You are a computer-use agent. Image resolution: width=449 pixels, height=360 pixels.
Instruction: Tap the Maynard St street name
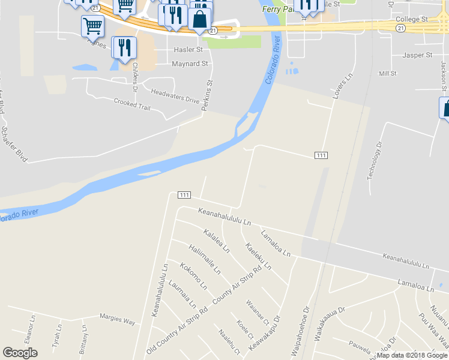pos(190,63)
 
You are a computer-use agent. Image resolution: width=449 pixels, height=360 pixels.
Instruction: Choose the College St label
pos(412,19)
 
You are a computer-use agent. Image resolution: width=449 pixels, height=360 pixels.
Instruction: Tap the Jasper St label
pos(417,55)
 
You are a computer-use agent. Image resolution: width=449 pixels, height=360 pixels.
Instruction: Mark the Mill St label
pos(388,73)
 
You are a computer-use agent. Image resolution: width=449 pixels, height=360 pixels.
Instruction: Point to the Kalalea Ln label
pos(217,241)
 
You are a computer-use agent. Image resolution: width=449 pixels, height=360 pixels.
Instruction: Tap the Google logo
pos(20,353)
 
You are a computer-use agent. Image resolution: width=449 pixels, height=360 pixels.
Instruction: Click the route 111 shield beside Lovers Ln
pos(321,155)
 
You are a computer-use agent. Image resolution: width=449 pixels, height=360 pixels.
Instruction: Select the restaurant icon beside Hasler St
pos(125,47)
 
